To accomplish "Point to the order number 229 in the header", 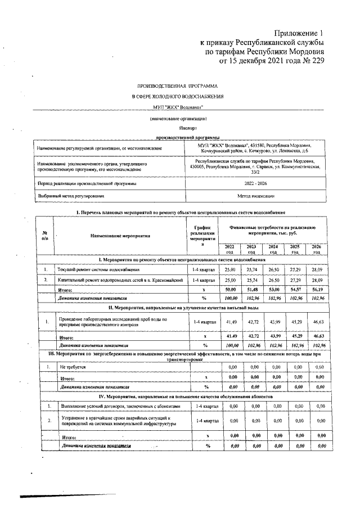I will pos(316,61).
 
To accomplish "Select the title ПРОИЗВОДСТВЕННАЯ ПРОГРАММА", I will pos(177,87).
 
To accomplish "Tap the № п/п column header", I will pos(44,236).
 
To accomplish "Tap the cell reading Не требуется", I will pos(73,367).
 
